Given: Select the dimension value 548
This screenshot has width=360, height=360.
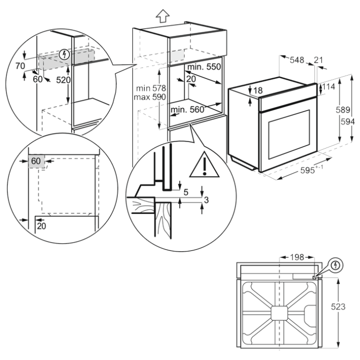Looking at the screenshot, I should pyautogui.click(x=297, y=60).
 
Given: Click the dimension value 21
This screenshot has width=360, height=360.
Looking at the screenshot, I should pyautogui.click(x=318, y=60).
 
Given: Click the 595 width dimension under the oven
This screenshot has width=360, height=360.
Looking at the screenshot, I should pyautogui.click(x=307, y=171).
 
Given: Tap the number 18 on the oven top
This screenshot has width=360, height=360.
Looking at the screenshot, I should pyautogui.click(x=258, y=90).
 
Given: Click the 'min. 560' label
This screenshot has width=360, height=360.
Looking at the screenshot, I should pyautogui.click(x=188, y=109).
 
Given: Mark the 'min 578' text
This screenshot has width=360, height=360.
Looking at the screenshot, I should pyautogui.click(x=149, y=88).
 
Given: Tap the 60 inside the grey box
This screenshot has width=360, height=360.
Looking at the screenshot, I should pyautogui.click(x=35, y=161).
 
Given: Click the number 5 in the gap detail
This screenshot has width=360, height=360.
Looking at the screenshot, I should pyautogui.click(x=185, y=193).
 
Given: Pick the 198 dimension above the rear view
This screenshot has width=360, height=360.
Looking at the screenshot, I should pyautogui.click(x=297, y=257).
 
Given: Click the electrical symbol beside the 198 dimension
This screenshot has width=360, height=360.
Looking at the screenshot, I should pyautogui.click(x=336, y=266).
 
